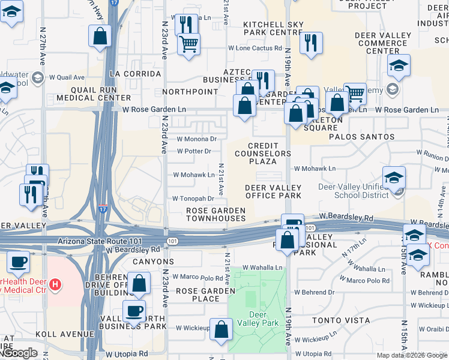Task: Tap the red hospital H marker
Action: click(55, 283)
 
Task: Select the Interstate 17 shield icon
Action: click(103, 209)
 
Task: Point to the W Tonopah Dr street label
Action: click(193, 199)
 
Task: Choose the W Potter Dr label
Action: click(193, 151)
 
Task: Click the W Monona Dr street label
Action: click(196, 139)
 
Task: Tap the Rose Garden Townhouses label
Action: click(215, 214)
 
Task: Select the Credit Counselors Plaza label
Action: click(270, 154)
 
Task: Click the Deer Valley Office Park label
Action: click(273, 191)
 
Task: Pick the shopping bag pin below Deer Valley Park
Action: click(221, 329)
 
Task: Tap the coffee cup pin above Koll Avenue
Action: click(134, 311)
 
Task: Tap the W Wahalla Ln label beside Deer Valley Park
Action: click(262, 268)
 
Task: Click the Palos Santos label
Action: click(361, 137)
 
